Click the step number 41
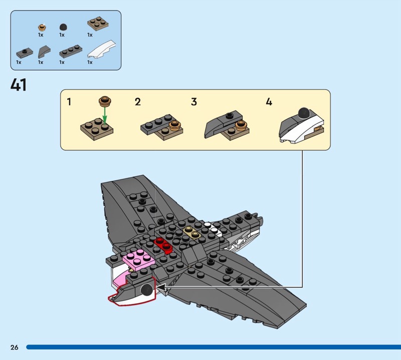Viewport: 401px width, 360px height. (x=19, y=85)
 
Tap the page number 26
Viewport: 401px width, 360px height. (x=15, y=347)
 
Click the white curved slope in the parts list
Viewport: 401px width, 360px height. (x=102, y=49)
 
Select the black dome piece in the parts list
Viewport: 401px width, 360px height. (x=63, y=27)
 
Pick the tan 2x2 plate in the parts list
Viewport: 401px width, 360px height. (x=98, y=24)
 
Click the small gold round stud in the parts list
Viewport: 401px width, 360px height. (x=42, y=27)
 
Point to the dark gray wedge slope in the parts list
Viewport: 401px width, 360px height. (x=44, y=52)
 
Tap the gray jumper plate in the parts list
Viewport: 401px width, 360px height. (x=25, y=53)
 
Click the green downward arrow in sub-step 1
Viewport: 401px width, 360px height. (x=105, y=116)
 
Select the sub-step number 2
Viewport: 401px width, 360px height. (x=137, y=102)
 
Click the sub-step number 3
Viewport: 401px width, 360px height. (x=194, y=102)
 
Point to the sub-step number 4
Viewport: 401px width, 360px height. (x=269, y=102)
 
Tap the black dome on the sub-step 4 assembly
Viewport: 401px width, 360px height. (x=304, y=113)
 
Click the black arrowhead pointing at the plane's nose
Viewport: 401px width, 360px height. (x=161, y=287)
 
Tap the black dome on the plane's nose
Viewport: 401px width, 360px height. (x=147, y=290)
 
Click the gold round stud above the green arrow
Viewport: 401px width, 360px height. (x=105, y=101)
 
